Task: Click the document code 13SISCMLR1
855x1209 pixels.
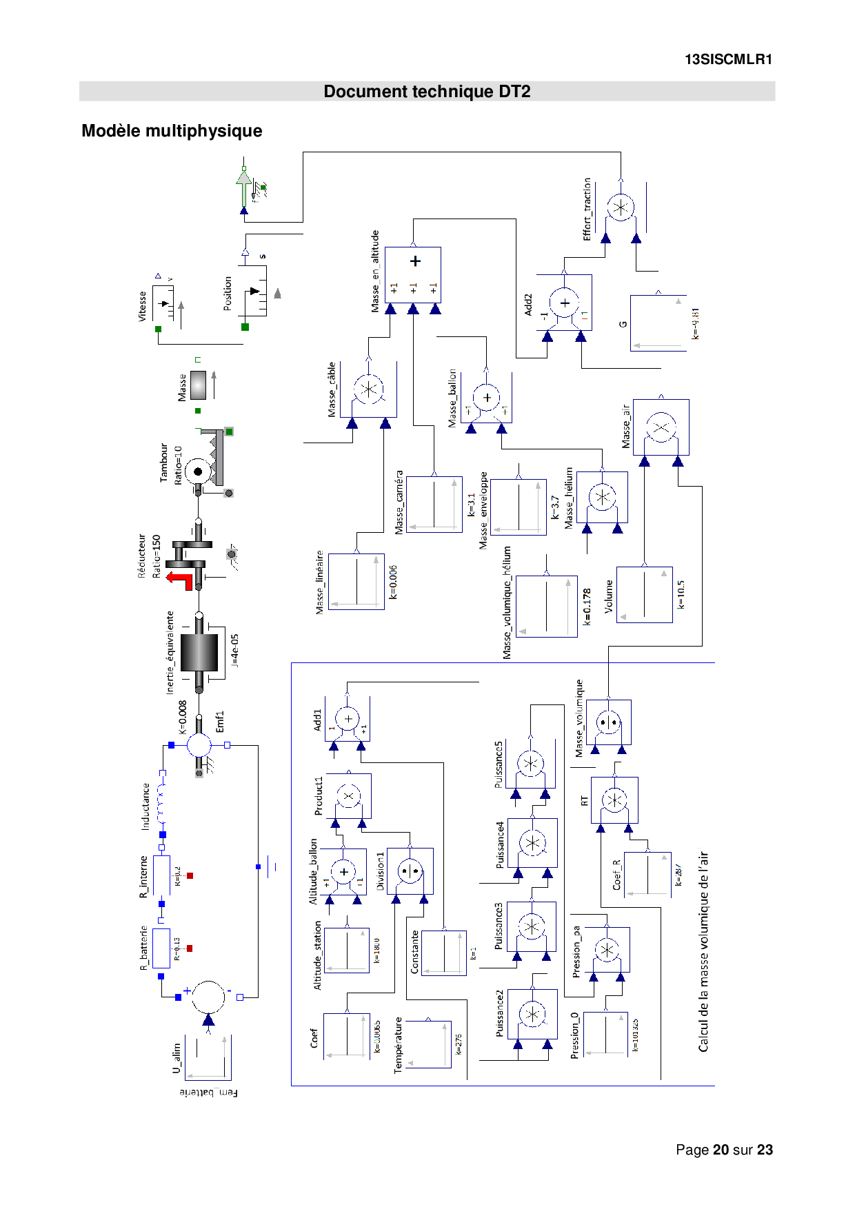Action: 728,60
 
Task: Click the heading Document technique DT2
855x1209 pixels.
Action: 427,92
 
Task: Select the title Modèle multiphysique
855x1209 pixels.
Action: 172,131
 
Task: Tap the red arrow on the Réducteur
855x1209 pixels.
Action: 181,580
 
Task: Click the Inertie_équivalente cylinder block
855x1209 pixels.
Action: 199,652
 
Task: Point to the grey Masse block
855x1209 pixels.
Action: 198,385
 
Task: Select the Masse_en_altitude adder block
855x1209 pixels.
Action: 413,274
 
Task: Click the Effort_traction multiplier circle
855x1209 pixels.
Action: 621,207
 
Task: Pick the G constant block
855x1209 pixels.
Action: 658,323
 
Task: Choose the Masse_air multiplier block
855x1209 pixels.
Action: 661,427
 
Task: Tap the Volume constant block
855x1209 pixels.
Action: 644,594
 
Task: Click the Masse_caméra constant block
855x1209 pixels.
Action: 434,504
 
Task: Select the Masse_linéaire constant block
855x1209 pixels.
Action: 356,581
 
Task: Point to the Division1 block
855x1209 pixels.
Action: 410,871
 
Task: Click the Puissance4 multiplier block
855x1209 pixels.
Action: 532,843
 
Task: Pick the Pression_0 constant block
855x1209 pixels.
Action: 605,1033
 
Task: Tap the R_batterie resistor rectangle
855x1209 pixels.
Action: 161,948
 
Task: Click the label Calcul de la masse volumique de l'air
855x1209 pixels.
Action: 703,951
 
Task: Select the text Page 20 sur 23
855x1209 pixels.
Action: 724,1150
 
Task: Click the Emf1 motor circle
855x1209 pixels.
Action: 199,745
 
